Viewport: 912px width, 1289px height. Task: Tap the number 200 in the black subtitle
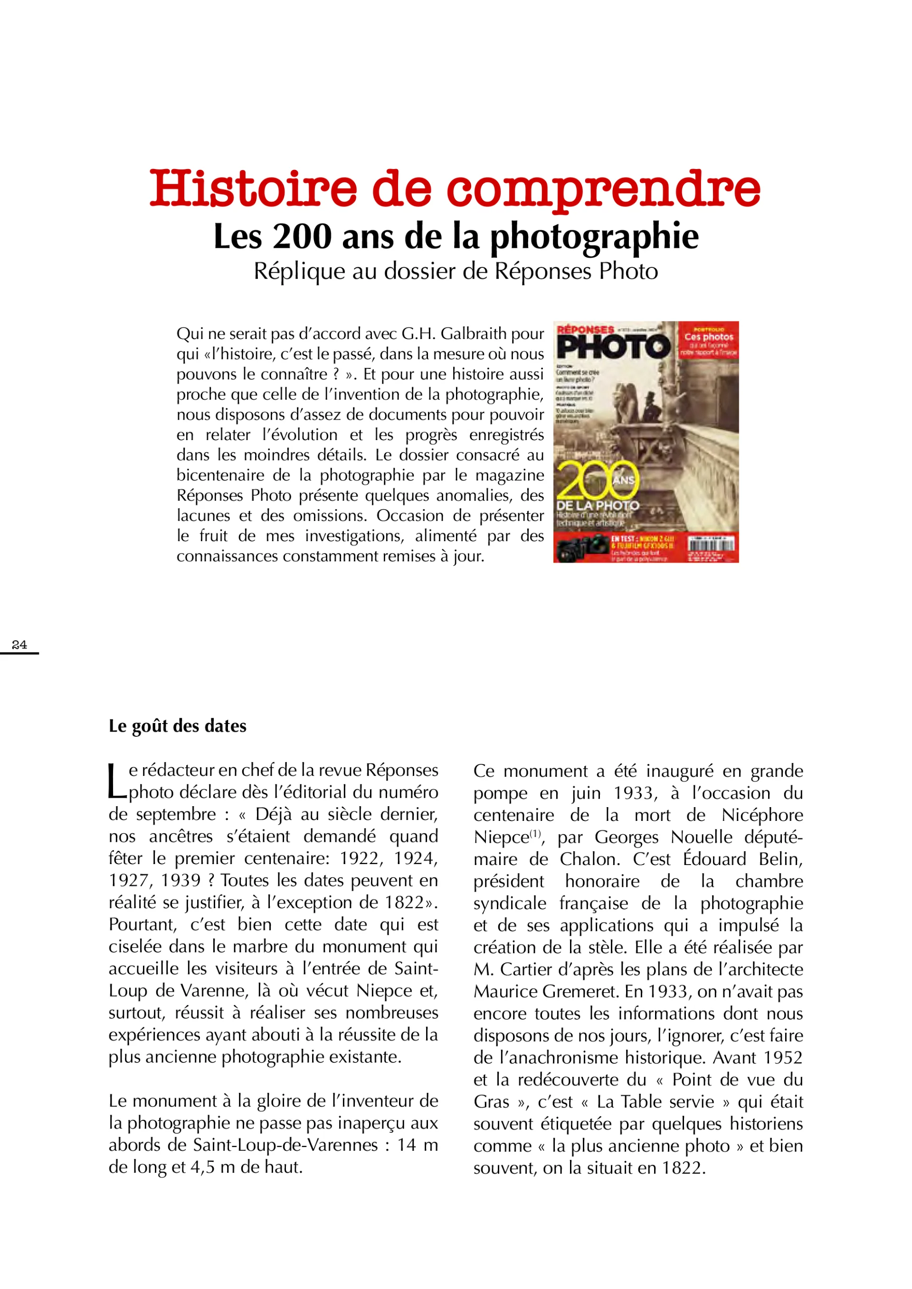click(x=302, y=236)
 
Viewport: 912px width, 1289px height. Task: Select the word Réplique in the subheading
click(x=299, y=272)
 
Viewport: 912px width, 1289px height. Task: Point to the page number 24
click(x=19, y=645)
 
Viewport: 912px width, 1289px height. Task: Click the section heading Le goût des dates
click(x=178, y=726)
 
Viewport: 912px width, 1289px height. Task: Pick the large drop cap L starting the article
click(x=117, y=781)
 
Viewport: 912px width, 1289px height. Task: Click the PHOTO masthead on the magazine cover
click(x=614, y=348)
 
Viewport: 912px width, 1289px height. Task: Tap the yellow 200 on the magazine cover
click(x=597, y=480)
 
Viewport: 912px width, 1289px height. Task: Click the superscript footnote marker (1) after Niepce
click(x=535, y=833)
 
